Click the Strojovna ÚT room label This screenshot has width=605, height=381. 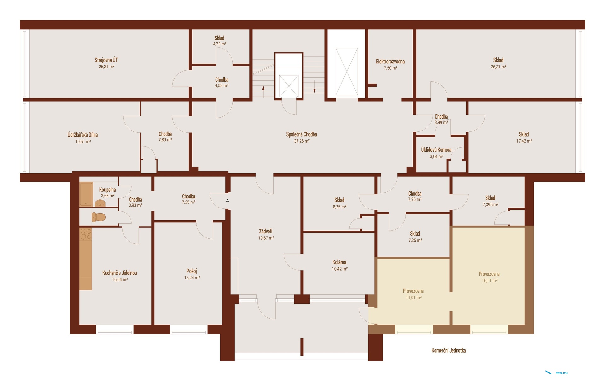tap(106, 60)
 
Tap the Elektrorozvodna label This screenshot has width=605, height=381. tap(390, 62)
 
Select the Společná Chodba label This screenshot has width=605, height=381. tap(302, 134)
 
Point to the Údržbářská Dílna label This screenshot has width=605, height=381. tap(83, 135)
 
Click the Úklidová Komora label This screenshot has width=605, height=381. tap(436, 150)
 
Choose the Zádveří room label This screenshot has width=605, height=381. tap(266, 232)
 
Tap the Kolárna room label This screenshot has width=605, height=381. tap(339, 262)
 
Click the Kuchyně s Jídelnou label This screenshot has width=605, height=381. tap(119, 273)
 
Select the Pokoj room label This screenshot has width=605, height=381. tap(192, 271)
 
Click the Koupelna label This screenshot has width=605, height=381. tap(107, 190)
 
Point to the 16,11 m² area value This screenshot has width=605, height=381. tap(489, 281)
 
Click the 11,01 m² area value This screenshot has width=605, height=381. tap(413, 298)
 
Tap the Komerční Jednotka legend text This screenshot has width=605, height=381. tap(449, 350)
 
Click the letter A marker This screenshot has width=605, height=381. tap(228, 201)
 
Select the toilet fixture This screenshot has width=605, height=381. tap(98, 217)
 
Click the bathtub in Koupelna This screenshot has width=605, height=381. tap(86, 194)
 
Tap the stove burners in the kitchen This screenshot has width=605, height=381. tap(86, 234)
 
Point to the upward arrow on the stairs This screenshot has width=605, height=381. tap(263, 92)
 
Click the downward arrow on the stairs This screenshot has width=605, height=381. tap(314, 87)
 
